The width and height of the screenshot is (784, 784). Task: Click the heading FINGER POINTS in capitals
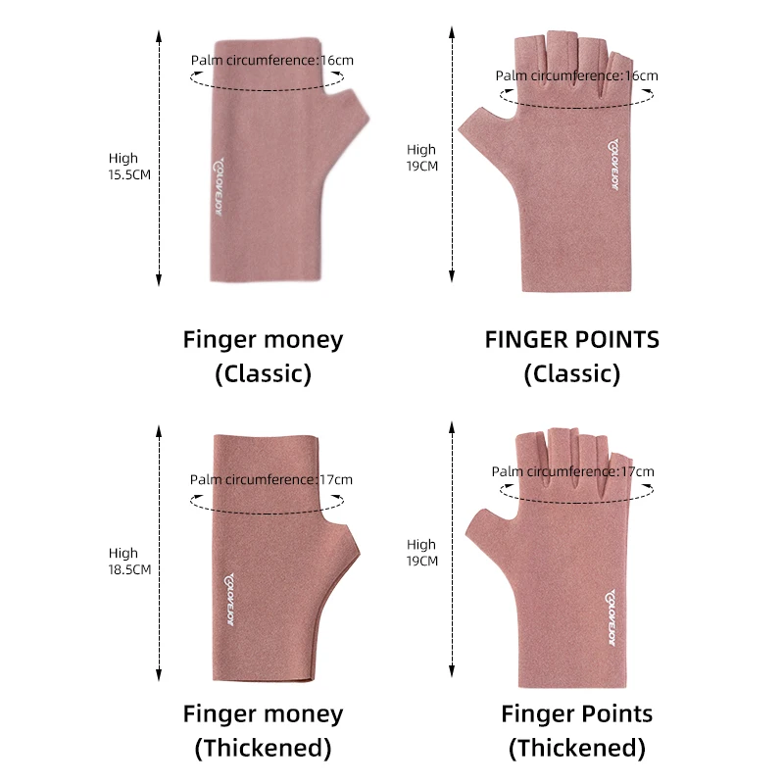(x=572, y=340)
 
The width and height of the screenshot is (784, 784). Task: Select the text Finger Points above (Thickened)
(x=576, y=713)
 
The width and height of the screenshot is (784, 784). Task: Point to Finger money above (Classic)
(x=263, y=340)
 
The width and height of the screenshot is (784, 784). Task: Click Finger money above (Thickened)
(x=263, y=713)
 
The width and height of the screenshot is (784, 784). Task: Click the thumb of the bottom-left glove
(x=346, y=545)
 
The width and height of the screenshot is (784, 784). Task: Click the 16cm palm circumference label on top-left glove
(x=272, y=60)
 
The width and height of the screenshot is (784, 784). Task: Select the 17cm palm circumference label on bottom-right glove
(x=572, y=471)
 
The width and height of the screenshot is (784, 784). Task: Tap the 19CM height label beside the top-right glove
(x=421, y=158)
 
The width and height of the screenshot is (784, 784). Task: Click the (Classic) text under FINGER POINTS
(x=572, y=373)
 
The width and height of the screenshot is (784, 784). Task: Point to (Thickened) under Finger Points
(x=576, y=749)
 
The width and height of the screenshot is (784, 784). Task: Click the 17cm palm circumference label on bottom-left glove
(x=271, y=479)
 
